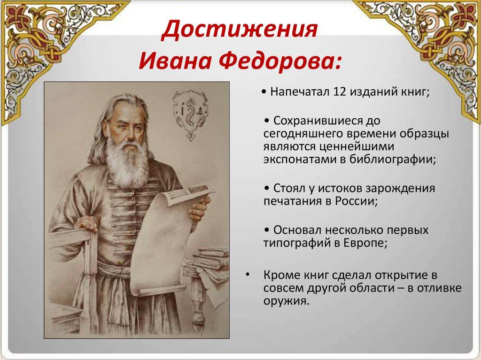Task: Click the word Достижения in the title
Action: pos(240,30)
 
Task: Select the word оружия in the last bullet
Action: pos(286,301)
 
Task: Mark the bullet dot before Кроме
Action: pos(247,275)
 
